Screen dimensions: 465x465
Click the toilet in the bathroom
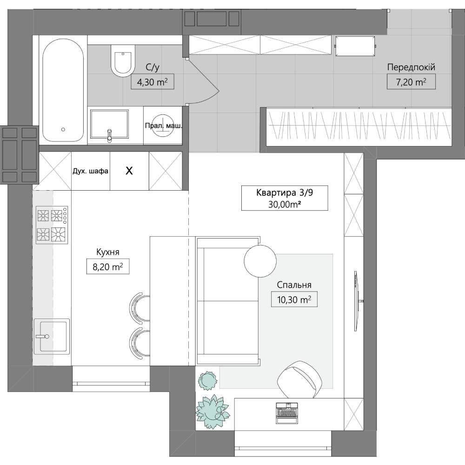(123, 60)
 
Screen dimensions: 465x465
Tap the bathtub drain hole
(63, 130)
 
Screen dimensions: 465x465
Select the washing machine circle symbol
(162, 126)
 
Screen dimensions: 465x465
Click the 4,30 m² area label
(153, 82)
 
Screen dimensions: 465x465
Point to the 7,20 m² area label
(411, 81)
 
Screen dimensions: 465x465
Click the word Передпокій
(411, 67)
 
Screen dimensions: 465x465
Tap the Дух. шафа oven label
(91, 171)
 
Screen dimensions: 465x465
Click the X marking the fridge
(129, 171)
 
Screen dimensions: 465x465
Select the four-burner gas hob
(52, 225)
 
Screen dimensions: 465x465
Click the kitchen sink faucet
(43, 336)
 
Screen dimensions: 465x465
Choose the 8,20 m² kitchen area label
(108, 266)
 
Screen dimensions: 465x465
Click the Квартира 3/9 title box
(285, 198)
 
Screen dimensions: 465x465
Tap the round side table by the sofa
(260, 261)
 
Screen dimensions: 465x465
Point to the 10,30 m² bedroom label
(294, 299)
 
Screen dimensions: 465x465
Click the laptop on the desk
(287, 413)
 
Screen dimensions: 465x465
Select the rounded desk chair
(299, 379)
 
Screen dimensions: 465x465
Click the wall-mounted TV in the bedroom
(357, 301)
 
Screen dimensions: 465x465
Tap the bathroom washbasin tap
(109, 135)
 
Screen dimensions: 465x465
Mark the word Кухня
(108, 252)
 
